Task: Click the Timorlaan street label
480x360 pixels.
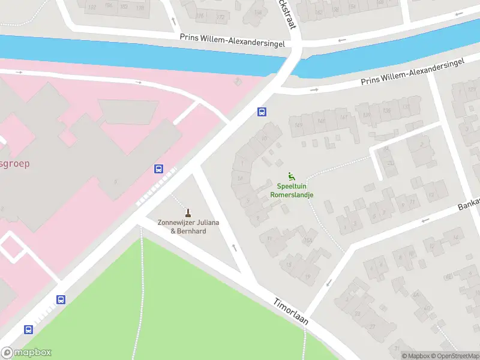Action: (x=291, y=312)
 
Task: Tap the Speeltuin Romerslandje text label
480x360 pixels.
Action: (x=292, y=190)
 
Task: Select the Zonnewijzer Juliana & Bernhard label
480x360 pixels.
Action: (x=188, y=226)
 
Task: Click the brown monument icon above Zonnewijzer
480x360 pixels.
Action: (x=188, y=212)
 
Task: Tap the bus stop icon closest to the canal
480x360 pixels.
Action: (x=262, y=112)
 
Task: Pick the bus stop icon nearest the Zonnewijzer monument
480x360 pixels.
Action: (x=159, y=169)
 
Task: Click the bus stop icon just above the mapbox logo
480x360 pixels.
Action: (x=28, y=329)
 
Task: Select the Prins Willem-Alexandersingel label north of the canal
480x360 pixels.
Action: (x=232, y=37)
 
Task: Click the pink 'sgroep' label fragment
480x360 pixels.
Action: (x=14, y=163)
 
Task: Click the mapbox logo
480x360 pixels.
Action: (x=26, y=353)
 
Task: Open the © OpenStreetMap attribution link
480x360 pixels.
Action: (x=454, y=356)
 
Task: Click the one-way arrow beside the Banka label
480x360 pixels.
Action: (x=426, y=220)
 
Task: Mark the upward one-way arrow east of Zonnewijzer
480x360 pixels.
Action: (x=234, y=247)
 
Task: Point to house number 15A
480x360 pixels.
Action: (x=307, y=241)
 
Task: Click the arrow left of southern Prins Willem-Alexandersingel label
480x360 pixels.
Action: (x=314, y=90)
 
